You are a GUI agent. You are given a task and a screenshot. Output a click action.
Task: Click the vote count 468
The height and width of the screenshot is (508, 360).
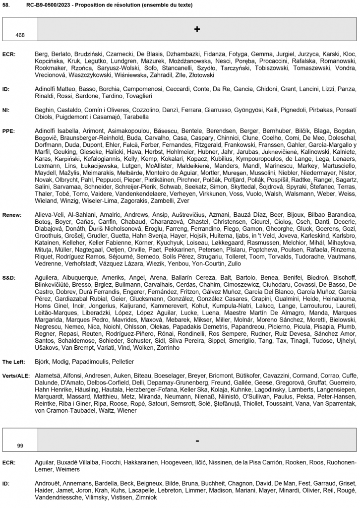click(x=20, y=35)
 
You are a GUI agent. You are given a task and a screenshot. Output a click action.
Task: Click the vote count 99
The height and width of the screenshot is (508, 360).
click(x=20, y=445)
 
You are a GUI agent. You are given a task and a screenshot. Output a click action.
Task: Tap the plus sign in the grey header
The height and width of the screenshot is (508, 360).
click(x=197, y=29)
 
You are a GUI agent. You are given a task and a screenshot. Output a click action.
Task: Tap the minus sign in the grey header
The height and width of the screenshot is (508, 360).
click(x=197, y=440)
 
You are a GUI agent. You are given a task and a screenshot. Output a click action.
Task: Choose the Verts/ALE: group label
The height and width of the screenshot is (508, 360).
click(x=16, y=376)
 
